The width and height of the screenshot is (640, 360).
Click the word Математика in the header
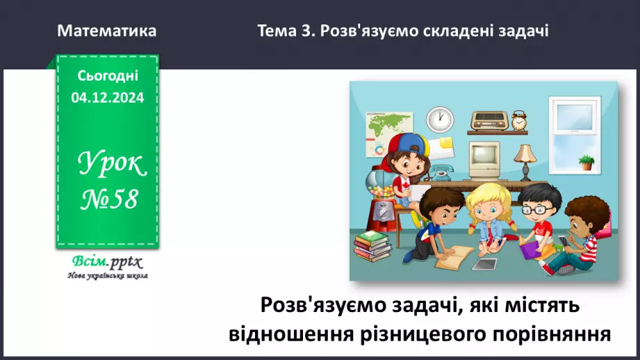[x=107, y=31]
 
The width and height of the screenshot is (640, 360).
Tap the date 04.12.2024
[x=108, y=98]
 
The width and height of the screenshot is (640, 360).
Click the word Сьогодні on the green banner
[x=108, y=75]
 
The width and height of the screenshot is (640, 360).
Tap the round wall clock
[x=439, y=119]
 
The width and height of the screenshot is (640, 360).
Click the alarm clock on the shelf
[x=519, y=120]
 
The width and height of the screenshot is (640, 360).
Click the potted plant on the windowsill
[x=586, y=163]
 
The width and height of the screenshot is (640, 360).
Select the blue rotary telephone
[x=440, y=171]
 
